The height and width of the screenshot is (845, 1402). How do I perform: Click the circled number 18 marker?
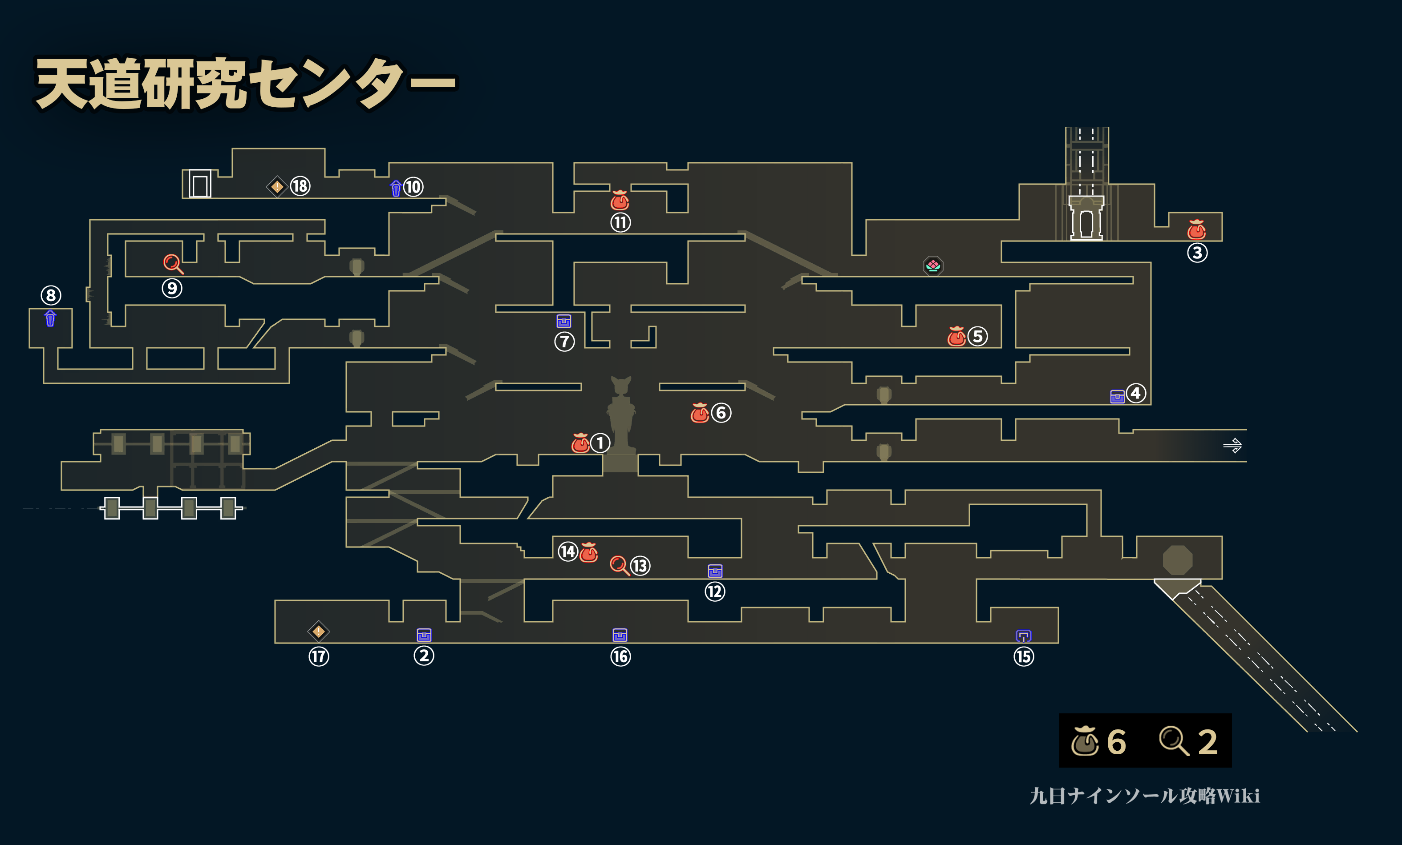(x=300, y=186)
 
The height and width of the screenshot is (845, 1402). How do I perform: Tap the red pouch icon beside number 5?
(x=956, y=337)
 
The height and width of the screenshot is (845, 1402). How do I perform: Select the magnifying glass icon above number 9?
(x=172, y=264)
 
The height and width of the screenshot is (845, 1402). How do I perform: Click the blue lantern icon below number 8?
(x=50, y=318)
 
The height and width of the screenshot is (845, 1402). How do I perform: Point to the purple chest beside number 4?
(x=1117, y=396)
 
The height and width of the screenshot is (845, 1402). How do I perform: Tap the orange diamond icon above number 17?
(x=319, y=631)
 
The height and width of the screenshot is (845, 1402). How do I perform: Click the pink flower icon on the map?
(x=932, y=266)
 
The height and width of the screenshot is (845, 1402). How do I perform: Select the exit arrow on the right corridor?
(x=1232, y=445)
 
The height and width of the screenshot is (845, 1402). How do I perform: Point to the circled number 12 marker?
(x=715, y=592)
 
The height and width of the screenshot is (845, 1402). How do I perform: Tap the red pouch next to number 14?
(x=589, y=552)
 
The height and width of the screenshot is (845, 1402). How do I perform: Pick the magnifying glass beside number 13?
(x=619, y=565)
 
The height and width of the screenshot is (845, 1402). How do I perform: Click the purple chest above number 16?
(x=620, y=635)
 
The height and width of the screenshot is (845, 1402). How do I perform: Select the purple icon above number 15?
(x=1023, y=636)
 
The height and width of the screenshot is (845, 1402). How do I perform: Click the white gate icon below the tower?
(x=1086, y=218)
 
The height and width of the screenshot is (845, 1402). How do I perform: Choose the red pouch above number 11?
(x=620, y=200)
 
